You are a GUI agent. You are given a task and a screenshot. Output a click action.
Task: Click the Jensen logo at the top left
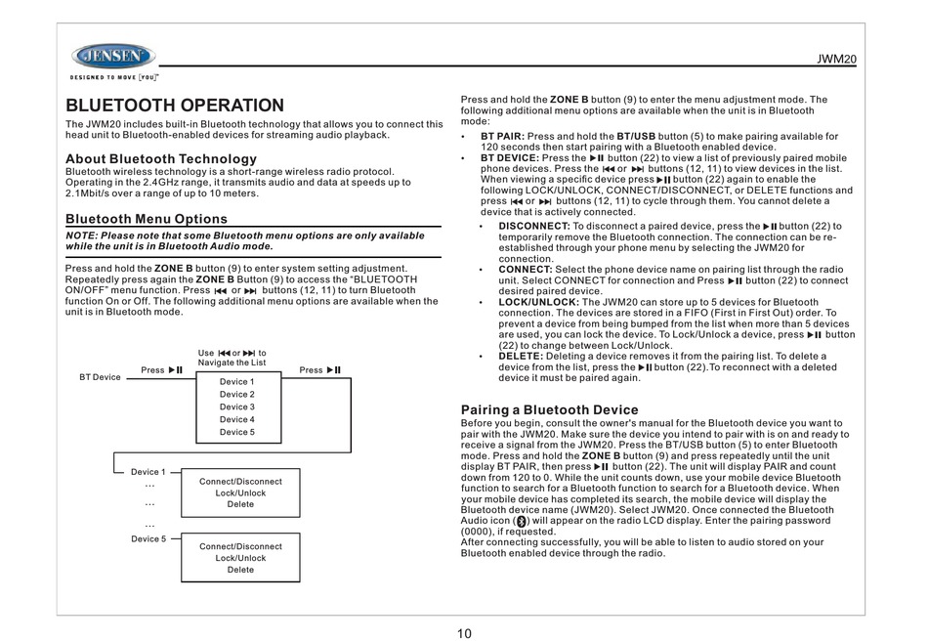point(112,56)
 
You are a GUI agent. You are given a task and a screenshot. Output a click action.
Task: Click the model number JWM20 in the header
point(838,61)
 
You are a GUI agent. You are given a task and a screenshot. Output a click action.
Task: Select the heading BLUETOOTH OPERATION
point(174,106)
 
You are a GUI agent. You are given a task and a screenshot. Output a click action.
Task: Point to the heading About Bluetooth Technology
point(160,158)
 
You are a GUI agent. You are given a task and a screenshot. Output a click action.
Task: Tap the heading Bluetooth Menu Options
point(146,219)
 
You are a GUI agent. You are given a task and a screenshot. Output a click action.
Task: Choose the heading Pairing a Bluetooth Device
point(549,409)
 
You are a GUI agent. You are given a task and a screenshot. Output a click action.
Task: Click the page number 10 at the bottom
point(464,632)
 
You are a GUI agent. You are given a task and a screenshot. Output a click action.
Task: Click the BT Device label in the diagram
point(100,377)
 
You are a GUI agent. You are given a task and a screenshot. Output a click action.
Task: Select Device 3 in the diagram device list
point(236,407)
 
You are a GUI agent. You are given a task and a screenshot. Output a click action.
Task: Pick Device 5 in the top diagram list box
point(236,432)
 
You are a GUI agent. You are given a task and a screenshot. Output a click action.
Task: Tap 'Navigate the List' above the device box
point(232,363)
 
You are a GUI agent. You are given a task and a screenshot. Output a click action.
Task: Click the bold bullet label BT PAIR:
point(502,137)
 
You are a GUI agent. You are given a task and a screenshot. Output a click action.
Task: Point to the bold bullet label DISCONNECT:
point(534,226)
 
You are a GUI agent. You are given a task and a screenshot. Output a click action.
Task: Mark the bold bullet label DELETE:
point(521,356)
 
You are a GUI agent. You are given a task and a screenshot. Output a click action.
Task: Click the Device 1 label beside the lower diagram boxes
point(148,472)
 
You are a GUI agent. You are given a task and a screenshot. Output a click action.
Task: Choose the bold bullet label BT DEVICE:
point(509,157)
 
